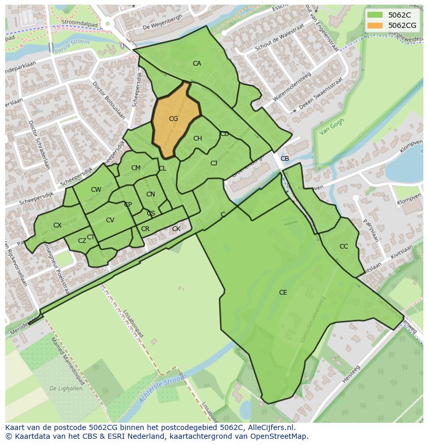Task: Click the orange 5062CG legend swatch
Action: pyautogui.click(x=375, y=25)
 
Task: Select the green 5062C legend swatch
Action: pyautogui.click(x=375, y=15)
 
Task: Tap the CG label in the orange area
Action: pyautogui.click(x=173, y=119)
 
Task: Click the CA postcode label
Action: pyautogui.click(x=196, y=64)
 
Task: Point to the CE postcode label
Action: pyautogui.click(x=283, y=293)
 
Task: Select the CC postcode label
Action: pyautogui.click(x=344, y=247)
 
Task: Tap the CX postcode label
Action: pyautogui.click(x=57, y=225)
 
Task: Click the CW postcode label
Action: pyautogui.click(x=96, y=190)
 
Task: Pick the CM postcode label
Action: pyautogui.click(x=136, y=168)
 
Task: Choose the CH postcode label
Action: pyautogui.click(x=197, y=139)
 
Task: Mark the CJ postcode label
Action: pyautogui.click(x=213, y=163)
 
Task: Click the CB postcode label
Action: pyautogui.click(x=285, y=159)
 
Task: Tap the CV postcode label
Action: pyautogui.click(x=110, y=220)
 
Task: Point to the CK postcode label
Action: pyautogui.click(x=176, y=229)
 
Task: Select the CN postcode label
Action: pyautogui.click(x=150, y=194)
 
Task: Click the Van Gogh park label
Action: pyautogui.click(x=331, y=127)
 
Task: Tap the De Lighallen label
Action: pyautogui.click(x=66, y=388)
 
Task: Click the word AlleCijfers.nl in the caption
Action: pyautogui.click(x=268, y=427)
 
